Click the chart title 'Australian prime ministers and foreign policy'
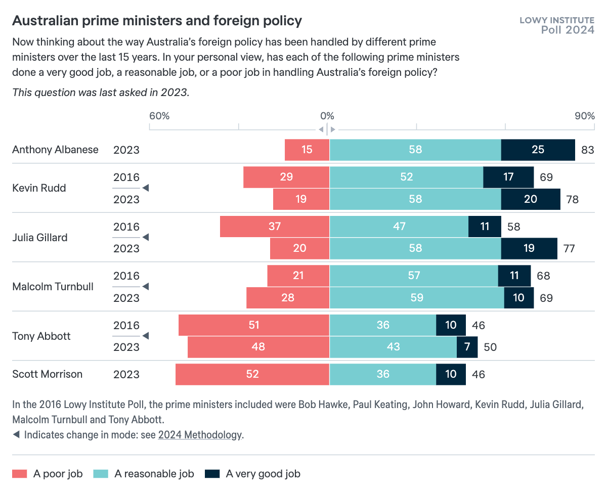[x=157, y=21]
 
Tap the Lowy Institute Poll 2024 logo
[x=557, y=25]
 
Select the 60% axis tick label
[x=159, y=116]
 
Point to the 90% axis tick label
[x=584, y=116]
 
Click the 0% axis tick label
[x=327, y=116]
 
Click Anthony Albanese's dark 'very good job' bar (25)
[x=538, y=150]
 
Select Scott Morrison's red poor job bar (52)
[x=252, y=374]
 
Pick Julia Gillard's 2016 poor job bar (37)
[x=274, y=226]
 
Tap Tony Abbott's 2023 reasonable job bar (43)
[x=393, y=347]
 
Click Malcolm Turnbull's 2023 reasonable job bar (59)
[x=416, y=298]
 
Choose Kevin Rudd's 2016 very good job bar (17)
[x=508, y=177]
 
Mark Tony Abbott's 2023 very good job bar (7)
[x=467, y=347]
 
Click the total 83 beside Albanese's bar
[x=587, y=150]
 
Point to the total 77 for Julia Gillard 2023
[x=569, y=249]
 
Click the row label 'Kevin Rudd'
[x=39, y=188]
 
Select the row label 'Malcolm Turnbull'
[x=53, y=287]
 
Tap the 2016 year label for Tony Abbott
[x=126, y=325]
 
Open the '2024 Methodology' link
[x=200, y=435]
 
